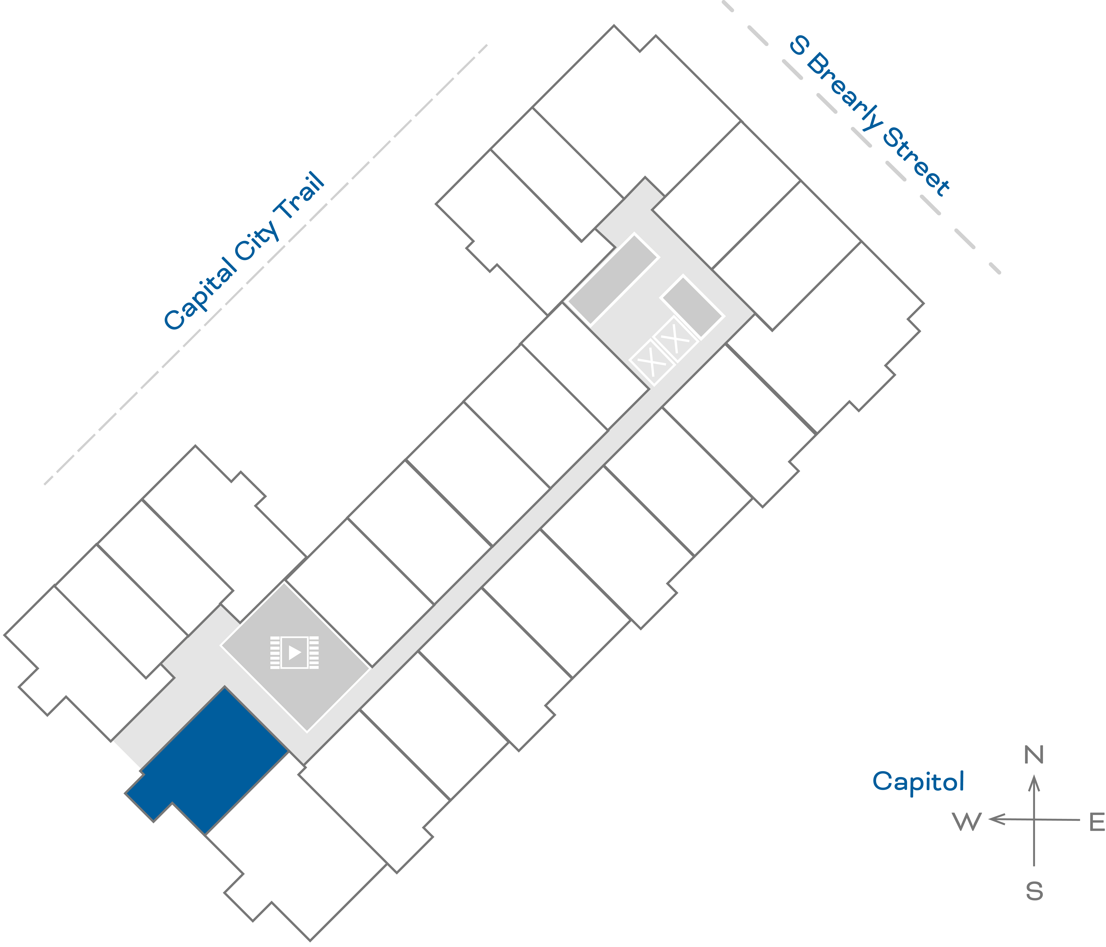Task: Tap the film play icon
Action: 294,652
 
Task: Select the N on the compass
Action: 1034,755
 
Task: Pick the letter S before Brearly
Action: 799,45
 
